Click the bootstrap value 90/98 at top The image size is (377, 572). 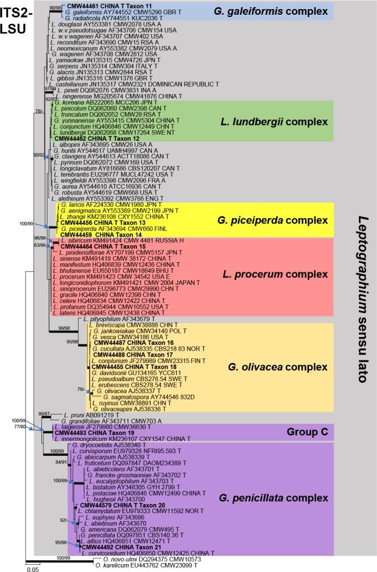[55, 7]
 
